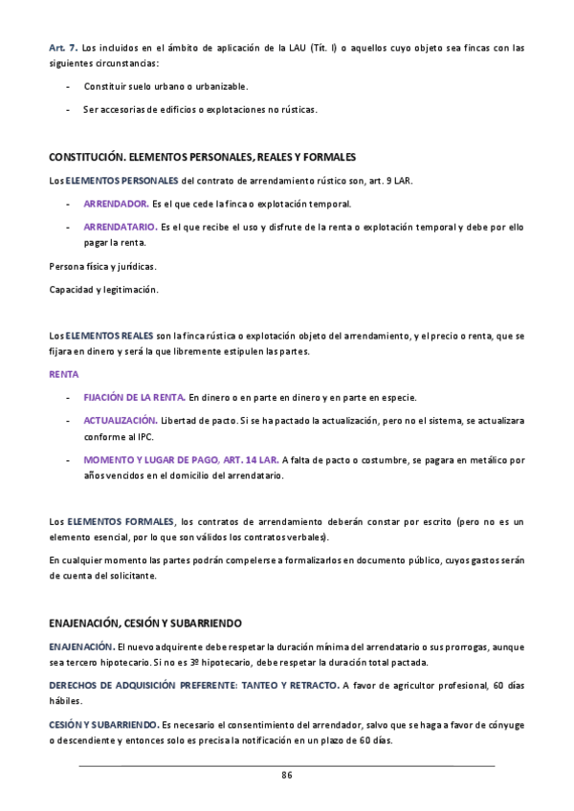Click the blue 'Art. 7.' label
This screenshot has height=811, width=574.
coord(63,47)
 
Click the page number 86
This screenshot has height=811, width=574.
coord(286,775)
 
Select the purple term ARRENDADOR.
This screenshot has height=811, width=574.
coord(116,204)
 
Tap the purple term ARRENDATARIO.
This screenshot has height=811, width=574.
coord(121,227)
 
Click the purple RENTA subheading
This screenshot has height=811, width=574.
coord(63,374)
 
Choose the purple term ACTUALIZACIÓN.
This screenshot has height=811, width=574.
coord(121,420)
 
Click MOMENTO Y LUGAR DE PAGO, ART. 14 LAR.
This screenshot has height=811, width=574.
coord(182,460)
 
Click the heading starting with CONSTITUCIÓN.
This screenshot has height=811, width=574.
coord(202,156)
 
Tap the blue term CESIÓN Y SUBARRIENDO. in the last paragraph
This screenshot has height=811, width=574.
coord(104,724)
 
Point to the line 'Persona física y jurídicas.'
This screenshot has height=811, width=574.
coord(102,266)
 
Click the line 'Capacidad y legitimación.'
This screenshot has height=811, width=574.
coord(103,290)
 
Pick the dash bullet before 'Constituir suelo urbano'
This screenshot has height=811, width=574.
coord(68,87)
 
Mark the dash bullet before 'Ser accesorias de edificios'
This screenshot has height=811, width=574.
coord(68,109)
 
